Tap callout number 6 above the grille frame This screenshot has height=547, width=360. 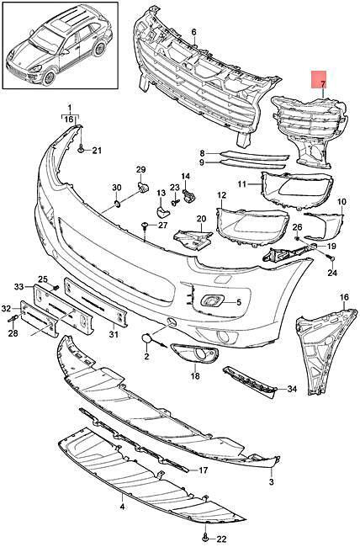point(193,32)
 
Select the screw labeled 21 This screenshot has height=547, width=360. point(82,150)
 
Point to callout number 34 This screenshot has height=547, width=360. point(291,388)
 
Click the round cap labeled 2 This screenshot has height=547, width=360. point(146,338)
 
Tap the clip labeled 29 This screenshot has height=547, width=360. point(143,187)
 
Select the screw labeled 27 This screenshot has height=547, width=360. point(144,226)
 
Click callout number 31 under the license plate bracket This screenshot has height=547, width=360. point(114,334)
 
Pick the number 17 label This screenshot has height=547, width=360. point(203,470)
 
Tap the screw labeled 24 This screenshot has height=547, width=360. point(331,258)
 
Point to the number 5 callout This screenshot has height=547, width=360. point(239,302)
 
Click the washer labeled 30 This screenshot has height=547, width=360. point(117,203)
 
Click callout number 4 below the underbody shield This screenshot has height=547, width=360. point(122,507)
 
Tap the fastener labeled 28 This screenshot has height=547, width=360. point(13,318)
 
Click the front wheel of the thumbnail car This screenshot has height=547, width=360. point(49,77)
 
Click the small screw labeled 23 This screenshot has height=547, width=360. point(175,201)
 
